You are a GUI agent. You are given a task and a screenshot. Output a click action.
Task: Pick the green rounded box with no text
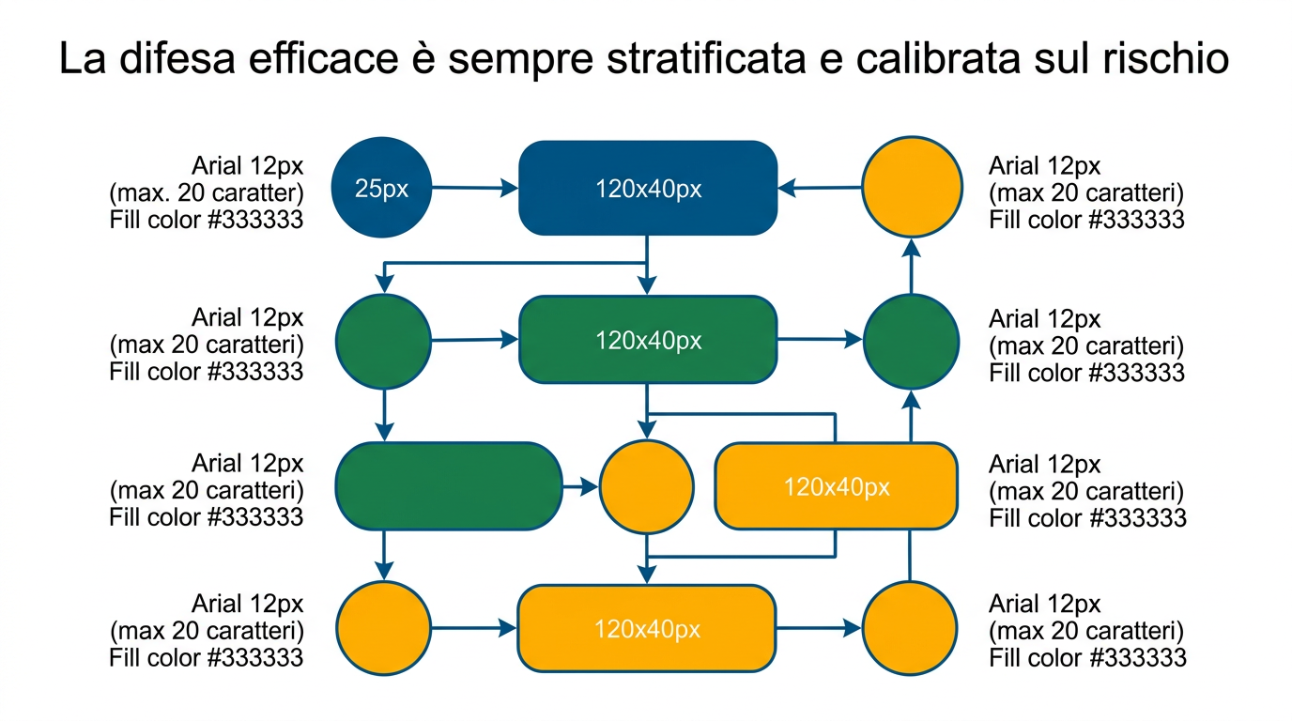(x=447, y=486)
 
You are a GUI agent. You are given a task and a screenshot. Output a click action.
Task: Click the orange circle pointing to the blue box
(x=912, y=187)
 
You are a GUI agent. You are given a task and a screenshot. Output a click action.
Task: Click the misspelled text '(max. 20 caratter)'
(x=207, y=193)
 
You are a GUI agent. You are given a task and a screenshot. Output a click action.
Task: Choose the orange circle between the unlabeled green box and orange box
(x=646, y=487)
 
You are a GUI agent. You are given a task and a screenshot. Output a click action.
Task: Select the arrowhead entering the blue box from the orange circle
(x=788, y=189)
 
